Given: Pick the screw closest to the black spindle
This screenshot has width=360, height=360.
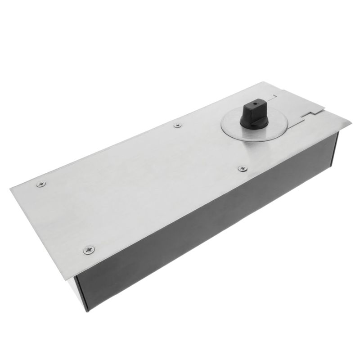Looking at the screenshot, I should pyautogui.click(x=243, y=168).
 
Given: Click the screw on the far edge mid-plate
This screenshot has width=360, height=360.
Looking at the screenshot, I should pyautogui.click(x=178, y=125).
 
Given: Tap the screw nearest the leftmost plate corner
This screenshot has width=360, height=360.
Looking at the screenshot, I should pyautogui.click(x=41, y=184).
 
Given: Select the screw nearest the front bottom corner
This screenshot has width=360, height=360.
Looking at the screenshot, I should pyautogui.click(x=89, y=249).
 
